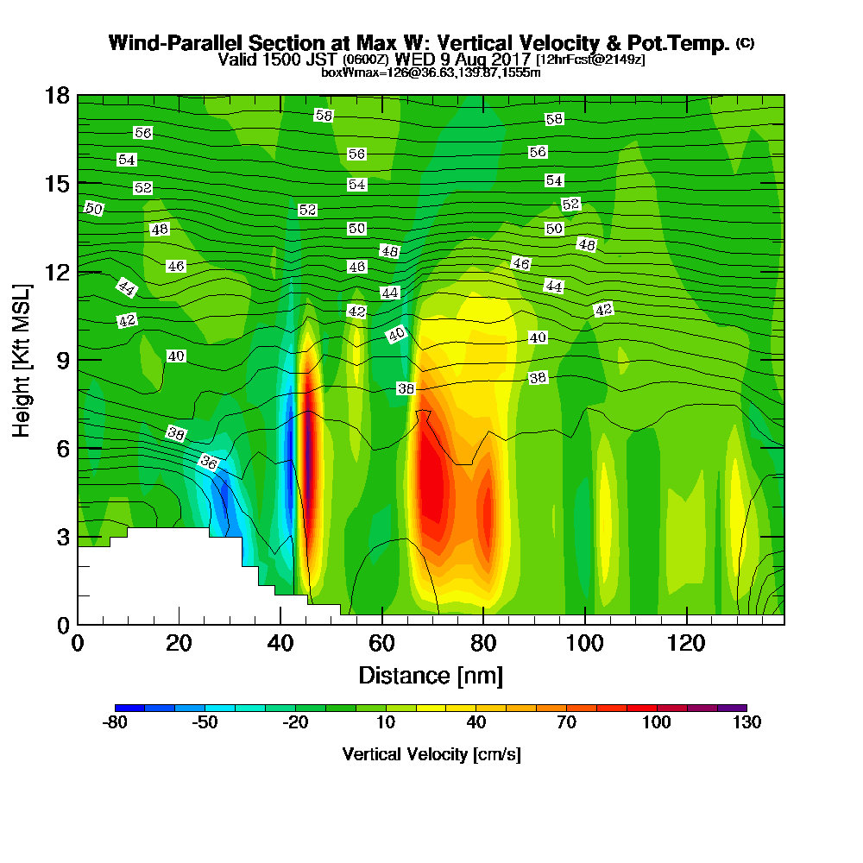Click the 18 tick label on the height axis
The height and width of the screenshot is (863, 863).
pyautogui.click(x=57, y=95)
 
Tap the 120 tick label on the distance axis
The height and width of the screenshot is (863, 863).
pyautogui.click(x=686, y=645)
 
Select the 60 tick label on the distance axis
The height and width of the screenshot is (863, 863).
pyautogui.click(x=381, y=645)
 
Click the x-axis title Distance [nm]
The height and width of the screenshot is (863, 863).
pyautogui.click(x=431, y=675)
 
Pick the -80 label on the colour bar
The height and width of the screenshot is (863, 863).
pyautogui.click(x=115, y=723)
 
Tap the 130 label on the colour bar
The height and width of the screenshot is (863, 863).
pyautogui.click(x=746, y=723)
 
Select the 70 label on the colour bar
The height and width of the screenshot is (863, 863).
pyautogui.click(x=566, y=723)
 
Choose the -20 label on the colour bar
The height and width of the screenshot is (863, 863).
pyautogui.click(x=295, y=723)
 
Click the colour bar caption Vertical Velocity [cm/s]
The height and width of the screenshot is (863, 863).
pyautogui.click(x=431, y=754)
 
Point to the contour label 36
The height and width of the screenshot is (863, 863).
pyautogui.click(x=208, y=463)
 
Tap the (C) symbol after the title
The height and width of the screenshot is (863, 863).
pyautogui.click(x=746, y=43)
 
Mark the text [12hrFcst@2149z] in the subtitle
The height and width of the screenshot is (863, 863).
pyautogui.click(x=590, y=60)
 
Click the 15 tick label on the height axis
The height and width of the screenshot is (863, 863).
pyautogui.click(x=57, y=183)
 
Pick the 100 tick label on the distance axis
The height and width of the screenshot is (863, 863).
pyautogui.click(x=584, y=645)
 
